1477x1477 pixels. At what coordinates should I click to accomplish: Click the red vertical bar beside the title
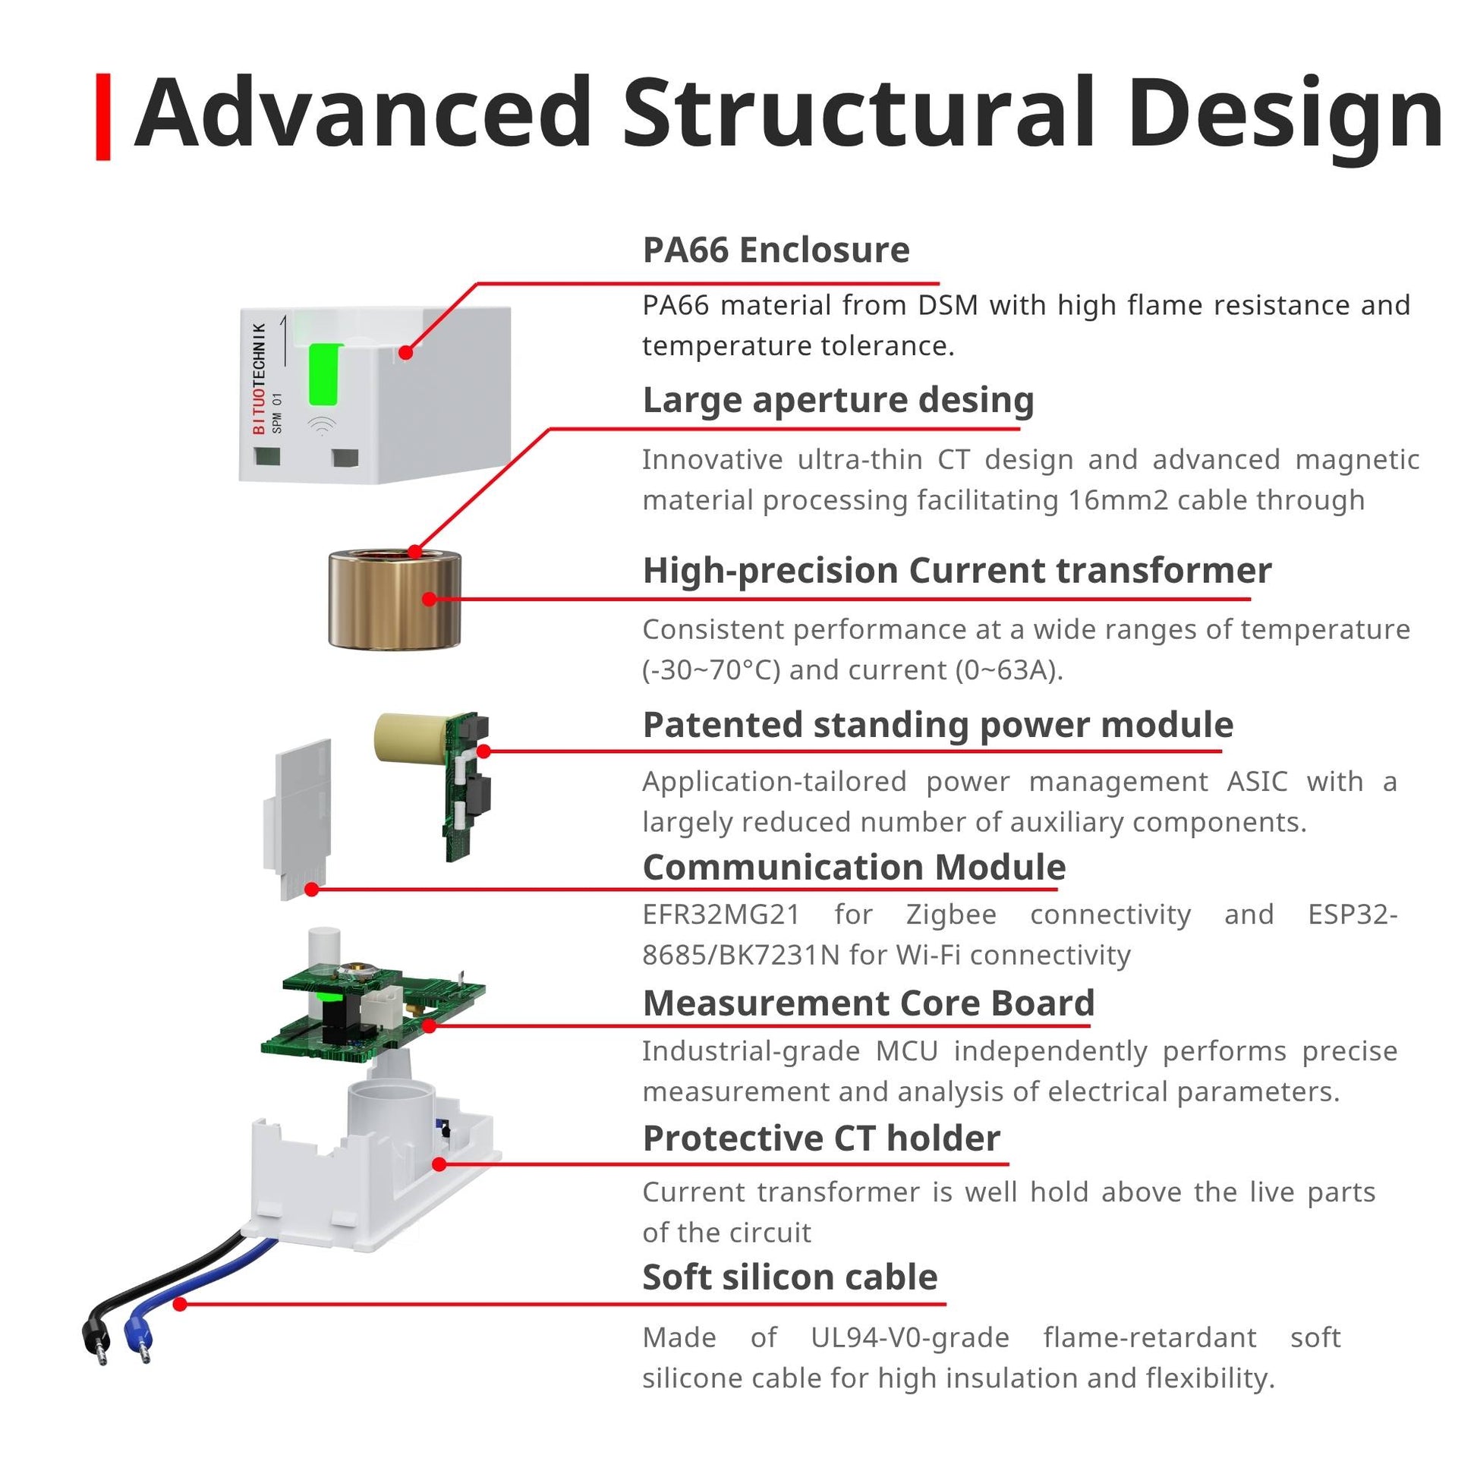(x=103, y=117)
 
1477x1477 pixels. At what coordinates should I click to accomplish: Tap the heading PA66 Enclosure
(x=776, y=250)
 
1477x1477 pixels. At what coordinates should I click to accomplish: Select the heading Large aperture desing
(x=838, y=400)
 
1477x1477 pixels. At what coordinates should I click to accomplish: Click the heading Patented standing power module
(x=938, y=725)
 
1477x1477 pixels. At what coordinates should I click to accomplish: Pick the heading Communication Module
(x=854, y=867)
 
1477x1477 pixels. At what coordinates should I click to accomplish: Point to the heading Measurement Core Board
(x=868, y=1003)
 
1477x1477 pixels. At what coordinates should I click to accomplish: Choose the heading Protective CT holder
(x=821, y=1138)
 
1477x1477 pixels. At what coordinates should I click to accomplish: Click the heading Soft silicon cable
(x=789, y=1277)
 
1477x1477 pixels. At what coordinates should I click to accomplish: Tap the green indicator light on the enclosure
(x=325, y=375)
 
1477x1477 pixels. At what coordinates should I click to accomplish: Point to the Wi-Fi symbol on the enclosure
(x=323, y=425)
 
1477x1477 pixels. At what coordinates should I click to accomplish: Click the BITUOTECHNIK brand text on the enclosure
(x=259, y=379)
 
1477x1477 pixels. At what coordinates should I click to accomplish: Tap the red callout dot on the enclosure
(x=406, y=352)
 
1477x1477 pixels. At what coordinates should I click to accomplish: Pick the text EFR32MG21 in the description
(x=721, y=915)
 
